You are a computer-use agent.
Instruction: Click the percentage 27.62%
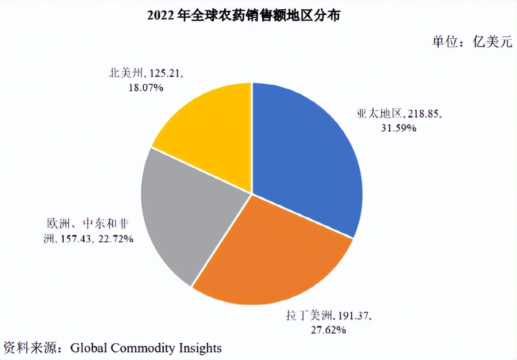329,330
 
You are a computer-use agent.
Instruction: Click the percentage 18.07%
146,87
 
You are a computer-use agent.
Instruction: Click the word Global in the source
87,347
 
